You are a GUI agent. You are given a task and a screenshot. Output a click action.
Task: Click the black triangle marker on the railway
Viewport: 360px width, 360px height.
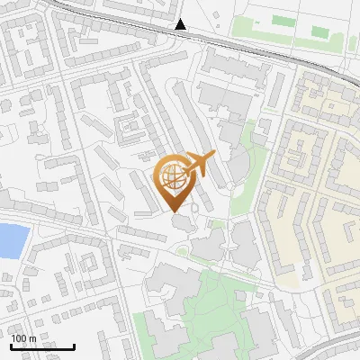click(182, 25)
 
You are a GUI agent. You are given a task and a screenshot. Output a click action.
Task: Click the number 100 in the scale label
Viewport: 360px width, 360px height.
click(19, 338)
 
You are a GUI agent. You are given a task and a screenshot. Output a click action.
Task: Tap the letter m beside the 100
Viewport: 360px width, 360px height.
click(31, 338)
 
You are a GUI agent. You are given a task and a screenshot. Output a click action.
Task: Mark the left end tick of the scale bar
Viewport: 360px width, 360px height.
click(11, 346)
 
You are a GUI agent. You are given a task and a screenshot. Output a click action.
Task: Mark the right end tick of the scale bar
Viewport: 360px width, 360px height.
click(75, 346)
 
